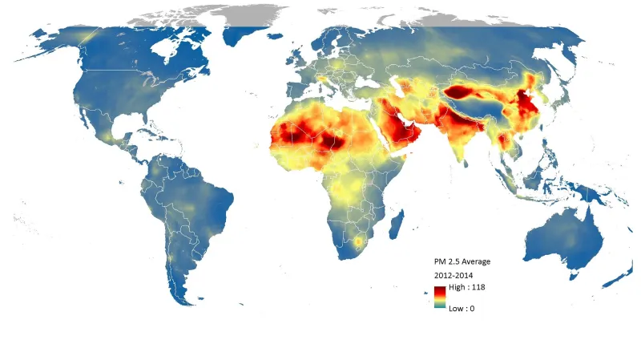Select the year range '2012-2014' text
tap(454, 275)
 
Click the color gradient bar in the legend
tap(441, 297)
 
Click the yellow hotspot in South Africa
tap(358, 241)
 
